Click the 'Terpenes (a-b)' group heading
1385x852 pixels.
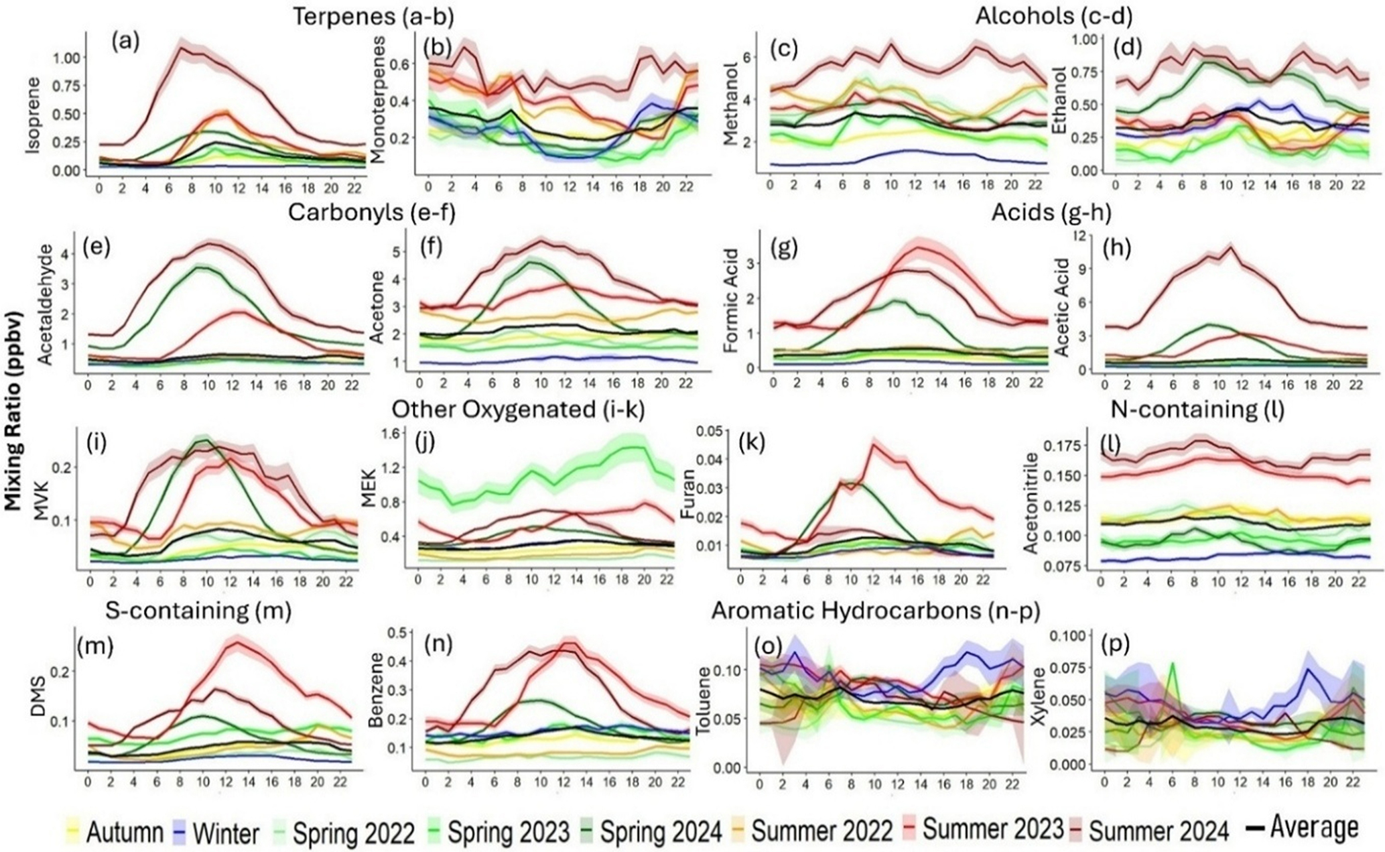tap(373, 17)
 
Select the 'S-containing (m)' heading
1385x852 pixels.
tap(198, 611)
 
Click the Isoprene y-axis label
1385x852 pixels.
tap(32, 116)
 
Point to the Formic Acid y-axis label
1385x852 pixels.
tap(731, 305)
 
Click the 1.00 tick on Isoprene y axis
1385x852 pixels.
tap(71, 58)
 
